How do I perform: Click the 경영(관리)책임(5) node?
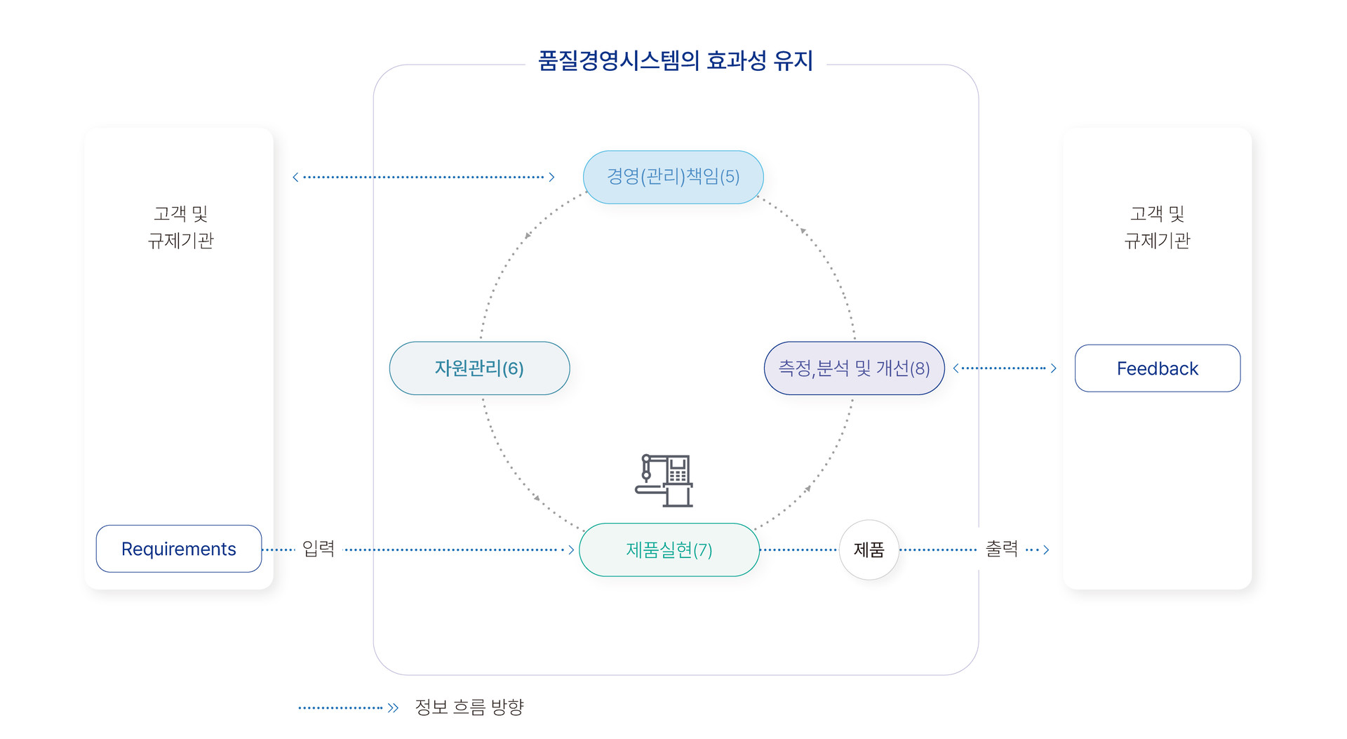click(673, 177)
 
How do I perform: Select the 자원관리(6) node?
click(479, 368)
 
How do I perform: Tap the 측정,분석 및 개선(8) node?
click(854, 368)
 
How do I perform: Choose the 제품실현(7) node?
click(669, 550)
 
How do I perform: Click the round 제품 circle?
click(869, 550)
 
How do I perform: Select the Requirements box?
click(179, 549)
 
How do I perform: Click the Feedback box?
click(1158, 368)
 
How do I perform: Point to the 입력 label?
click(319, 549)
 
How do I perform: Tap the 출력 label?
click(1002, 549)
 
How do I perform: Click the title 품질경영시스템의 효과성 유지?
click(675, 61)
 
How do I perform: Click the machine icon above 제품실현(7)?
click(664, 481)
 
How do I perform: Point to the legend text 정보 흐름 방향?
click(469, 707)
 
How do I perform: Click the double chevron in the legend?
click(393, 708)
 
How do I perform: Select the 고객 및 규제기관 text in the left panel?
click(180, 227)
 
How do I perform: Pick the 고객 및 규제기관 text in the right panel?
click(1157, 227)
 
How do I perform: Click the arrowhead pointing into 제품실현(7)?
click(571, 550)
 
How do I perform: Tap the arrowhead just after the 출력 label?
click(1046, 550)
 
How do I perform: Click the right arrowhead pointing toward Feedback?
click(1053, 368)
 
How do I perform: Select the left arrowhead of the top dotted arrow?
click(295, 178)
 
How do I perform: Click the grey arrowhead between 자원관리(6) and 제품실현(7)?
click(537, 498)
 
